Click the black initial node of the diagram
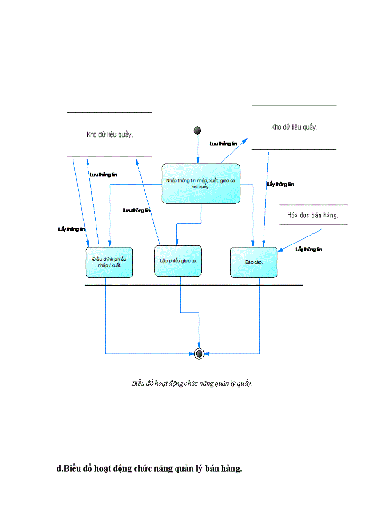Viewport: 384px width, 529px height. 198,130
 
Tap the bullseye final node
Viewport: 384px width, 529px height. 199,353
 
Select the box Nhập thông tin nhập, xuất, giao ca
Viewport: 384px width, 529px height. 201,184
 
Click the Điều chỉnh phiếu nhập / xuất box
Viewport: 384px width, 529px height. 109,262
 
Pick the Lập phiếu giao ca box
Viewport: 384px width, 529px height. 178,260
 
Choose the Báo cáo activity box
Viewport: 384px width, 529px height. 253,262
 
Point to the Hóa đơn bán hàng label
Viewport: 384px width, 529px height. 313,215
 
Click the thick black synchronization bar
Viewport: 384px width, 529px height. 193,285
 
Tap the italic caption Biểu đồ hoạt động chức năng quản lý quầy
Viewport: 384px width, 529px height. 192,383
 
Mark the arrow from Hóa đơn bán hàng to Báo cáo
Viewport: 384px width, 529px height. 301,239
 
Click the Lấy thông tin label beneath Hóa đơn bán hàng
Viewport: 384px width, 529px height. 308,249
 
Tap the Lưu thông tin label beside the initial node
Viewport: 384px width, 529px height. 223,143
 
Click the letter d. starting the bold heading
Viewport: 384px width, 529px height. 60,469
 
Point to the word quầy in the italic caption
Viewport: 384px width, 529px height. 245,383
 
